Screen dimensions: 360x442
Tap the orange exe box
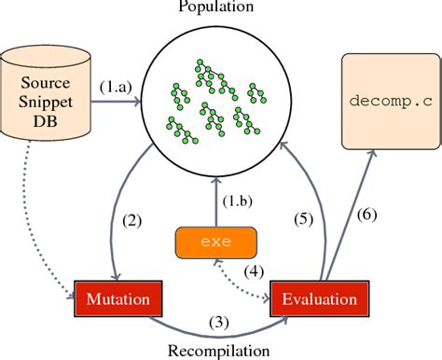coord(215,243)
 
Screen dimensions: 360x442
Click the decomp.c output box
coord(390,100)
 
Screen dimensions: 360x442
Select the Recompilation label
coord(220,350)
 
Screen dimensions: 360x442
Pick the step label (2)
coord(131,222)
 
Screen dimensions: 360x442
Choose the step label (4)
coord(252,273)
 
